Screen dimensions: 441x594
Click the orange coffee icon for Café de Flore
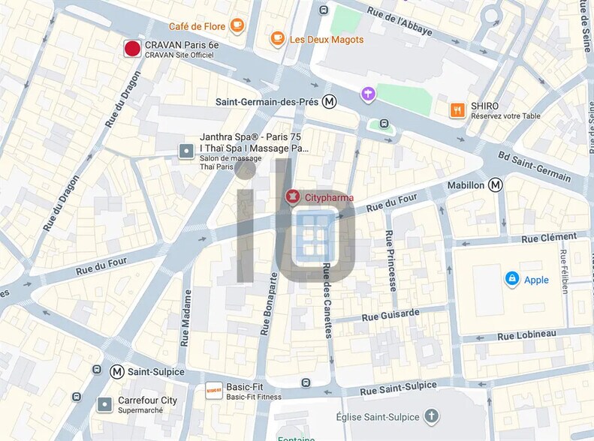pyautogui.click(x=237, y=25)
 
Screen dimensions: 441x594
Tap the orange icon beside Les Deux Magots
pyautogui.click(x=278, y=39)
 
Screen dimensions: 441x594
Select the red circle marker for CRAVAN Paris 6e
pyautogui.click(x=132, y=49)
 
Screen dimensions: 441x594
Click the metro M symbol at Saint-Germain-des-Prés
pyautogui.click(x=329, y=101)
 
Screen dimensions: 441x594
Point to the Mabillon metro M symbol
pyautogui.click(x=495, y=184)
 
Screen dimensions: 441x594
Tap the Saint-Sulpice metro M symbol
pyautogui.click(x=117, y=371)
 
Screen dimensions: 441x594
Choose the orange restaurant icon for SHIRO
pyautogui.click(x=457, y=111)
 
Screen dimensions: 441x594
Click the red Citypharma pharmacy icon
pyautogui.click(x=291, y=197)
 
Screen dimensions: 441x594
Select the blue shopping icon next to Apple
pyautogui.click(x=512, y=280)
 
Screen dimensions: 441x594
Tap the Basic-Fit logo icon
pyautogui.click(x=213, y=391)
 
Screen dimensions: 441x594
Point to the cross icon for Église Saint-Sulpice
pyautogui.click(x=431, y=415)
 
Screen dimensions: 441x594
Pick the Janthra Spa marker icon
pyautogui.click(x=185, y=151)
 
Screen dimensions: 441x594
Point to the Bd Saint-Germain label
pyautogui.click(x=534, y=166)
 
